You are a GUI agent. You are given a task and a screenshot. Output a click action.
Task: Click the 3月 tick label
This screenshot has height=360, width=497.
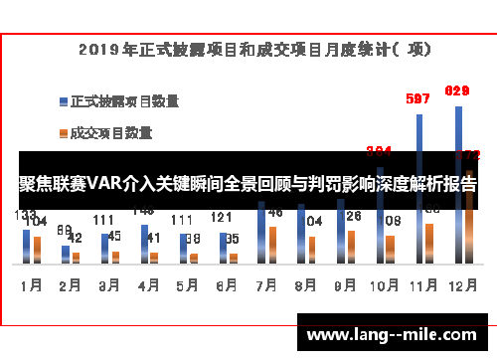109,283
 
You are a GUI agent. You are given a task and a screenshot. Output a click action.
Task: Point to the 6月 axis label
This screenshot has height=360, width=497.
227,283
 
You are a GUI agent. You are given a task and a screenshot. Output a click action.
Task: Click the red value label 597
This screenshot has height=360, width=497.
418,98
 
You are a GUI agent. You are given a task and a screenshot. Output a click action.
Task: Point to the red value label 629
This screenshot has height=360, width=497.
457,91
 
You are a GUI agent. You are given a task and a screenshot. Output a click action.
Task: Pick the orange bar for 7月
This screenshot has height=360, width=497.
272,243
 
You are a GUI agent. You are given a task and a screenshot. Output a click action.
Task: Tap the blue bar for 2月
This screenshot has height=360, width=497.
66,253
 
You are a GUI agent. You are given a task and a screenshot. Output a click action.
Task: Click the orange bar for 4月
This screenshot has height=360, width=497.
155,254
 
